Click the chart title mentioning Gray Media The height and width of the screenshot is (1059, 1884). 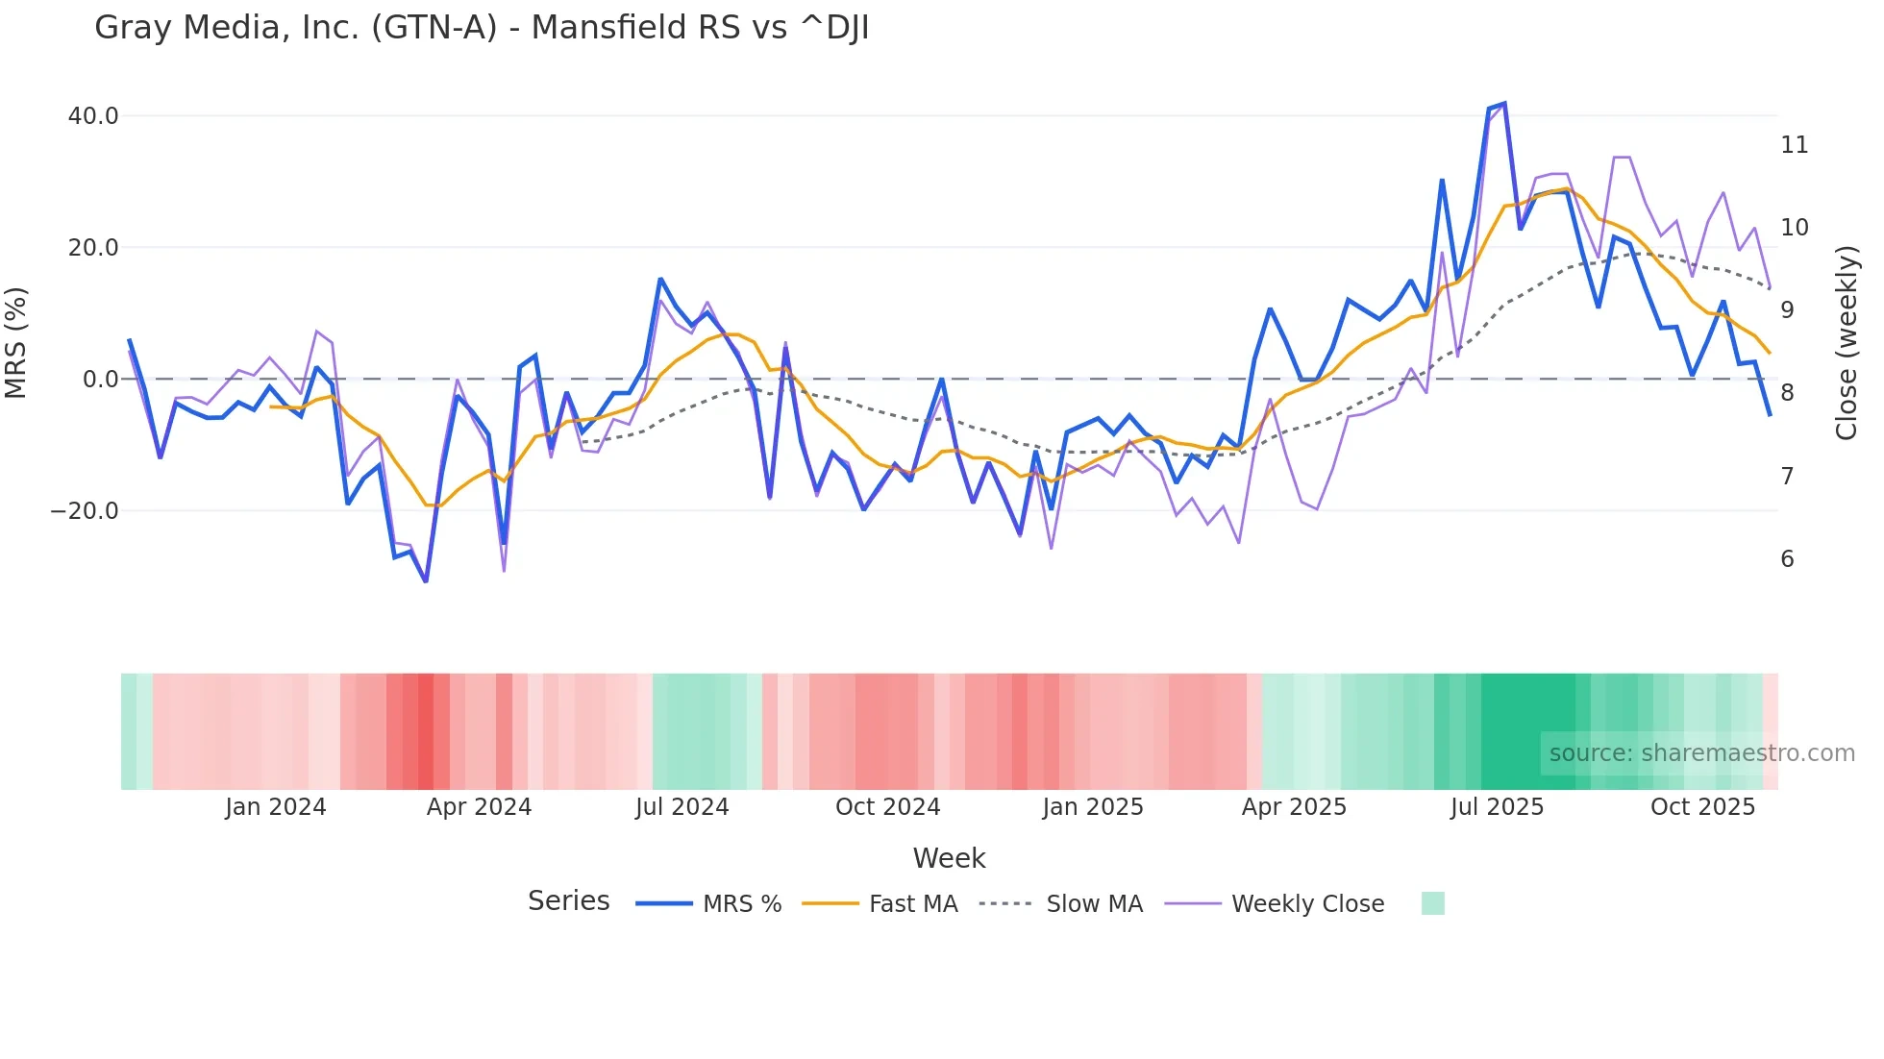pos(482,28)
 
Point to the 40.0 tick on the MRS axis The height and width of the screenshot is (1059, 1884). pos(93,116)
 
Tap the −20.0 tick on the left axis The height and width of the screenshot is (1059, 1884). pos(85,511)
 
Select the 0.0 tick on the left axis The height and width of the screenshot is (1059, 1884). pos(100,380)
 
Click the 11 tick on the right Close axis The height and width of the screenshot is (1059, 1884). pos(1794,145)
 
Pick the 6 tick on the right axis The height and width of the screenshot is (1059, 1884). pos(1787,559)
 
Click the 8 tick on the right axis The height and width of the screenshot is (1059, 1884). pos(1787,393)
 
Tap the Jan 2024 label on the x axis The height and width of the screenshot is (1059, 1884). pos(276,807)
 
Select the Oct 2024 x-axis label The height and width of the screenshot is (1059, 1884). pos(887,807)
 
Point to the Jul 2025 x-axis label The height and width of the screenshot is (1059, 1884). pos(1497,807)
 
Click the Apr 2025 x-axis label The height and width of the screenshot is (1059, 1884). pos(1294,807)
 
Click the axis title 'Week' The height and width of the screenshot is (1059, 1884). pos(949,858)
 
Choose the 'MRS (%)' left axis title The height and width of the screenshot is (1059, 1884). pos(15,343)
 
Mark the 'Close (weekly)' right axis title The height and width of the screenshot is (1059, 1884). pos(1846,343)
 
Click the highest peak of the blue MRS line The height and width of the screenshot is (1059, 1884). pos(1504,103)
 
